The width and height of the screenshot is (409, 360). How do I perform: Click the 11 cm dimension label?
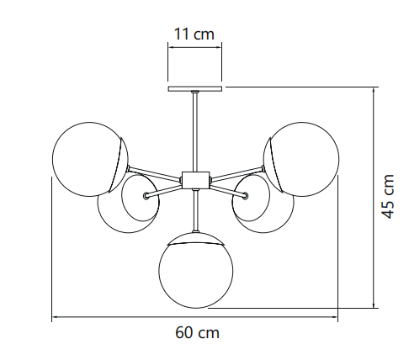[194, 34]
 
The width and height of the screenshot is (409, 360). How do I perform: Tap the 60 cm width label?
[197, 333]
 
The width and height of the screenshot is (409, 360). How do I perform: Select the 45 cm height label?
[388, 196]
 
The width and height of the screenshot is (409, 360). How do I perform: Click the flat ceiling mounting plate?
[195, 88]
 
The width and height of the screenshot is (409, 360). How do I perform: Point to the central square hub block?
[196, 180]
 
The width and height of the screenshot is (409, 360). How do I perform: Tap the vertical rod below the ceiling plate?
[195, 132]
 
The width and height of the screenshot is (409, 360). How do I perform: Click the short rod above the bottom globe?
[195, 210]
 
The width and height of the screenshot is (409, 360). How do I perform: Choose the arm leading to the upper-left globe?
[155, 172]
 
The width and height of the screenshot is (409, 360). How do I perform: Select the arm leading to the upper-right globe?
[236, 172]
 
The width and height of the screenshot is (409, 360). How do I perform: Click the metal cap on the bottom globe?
[196, 239]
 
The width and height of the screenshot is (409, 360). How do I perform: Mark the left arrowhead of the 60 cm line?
[55, 317]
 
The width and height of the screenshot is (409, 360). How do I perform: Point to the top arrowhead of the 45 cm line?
[374, 90]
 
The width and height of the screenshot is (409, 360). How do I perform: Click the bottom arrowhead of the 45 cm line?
[374, 304]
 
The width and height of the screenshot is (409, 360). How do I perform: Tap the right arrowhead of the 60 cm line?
[335, 317]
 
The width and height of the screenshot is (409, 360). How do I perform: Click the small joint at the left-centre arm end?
[146, 196]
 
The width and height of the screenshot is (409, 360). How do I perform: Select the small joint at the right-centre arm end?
[246, 196]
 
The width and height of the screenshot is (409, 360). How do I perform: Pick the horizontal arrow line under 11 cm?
[195, 47]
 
